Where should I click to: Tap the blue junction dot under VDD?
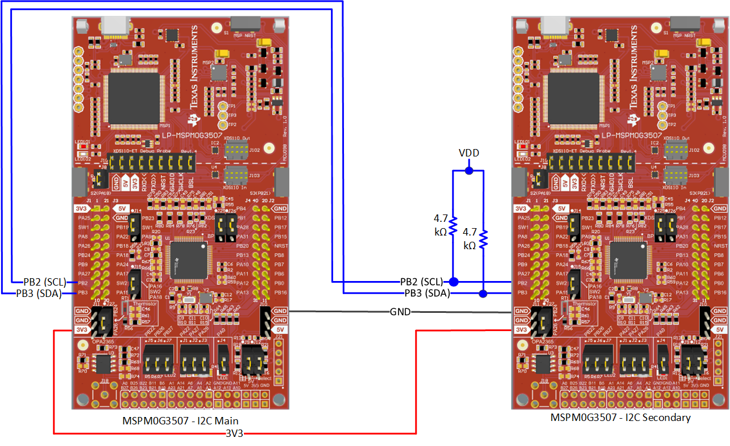coord(468,170)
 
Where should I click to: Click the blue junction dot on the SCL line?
coord(453,282)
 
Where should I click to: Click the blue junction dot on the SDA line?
coord(483,294)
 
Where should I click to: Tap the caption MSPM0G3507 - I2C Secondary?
coord(620,418)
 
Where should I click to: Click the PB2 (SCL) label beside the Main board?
coord(45,282)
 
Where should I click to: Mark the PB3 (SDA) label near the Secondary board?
coord(427,294)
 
